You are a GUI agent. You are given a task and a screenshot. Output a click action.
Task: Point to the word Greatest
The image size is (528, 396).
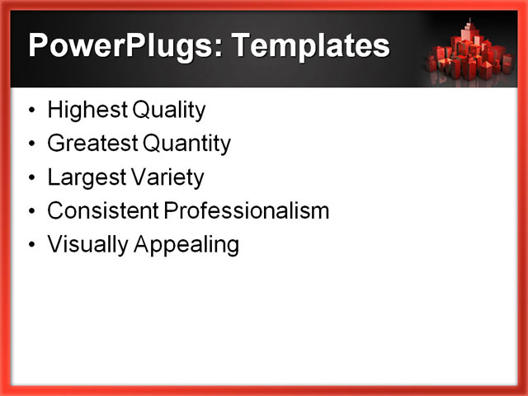pyautogui.click(x=92, y=144)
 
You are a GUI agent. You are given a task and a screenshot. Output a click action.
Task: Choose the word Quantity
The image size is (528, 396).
pyautogui.click(x=187, y=144)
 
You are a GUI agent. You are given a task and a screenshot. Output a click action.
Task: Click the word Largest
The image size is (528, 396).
pyautogui.click(x=86, y=177)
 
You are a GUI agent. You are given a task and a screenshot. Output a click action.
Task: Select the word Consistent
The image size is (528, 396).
pyautogui.click(x=102, y=211)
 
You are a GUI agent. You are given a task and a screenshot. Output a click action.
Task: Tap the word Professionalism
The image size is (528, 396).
pyautogui.click(x=247, y=211)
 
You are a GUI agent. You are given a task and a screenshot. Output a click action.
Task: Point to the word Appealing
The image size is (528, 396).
pyautogui.click(x=183, y=245)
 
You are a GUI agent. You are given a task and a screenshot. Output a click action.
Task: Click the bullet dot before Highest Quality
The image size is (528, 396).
pyautogui.click(x=31, y=111)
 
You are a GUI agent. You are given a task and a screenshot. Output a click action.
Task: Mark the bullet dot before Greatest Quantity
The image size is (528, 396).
pyautogui.click(x=31, y=144)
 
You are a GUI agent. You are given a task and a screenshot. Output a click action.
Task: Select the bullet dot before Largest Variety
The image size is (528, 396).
pyautogui.click(x=31, y=178)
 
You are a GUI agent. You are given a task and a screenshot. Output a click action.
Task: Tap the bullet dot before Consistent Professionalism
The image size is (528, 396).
pyautogui.click(x=31, y=212)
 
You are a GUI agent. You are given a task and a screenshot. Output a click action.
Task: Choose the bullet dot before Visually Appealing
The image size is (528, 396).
pyautogui.click(x=31, y=246)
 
